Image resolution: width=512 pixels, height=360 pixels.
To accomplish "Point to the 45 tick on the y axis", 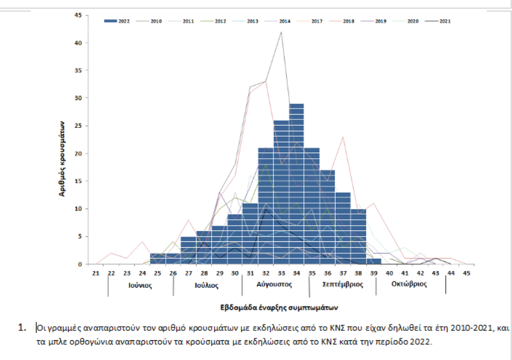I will tap(78, 15).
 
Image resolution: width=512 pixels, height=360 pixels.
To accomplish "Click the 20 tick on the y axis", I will tap(78, 153).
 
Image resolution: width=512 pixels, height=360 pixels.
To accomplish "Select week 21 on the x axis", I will tap(96, 273).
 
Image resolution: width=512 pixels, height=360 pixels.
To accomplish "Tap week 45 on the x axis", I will tap(466, 273).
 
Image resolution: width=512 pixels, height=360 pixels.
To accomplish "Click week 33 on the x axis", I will tap(281, 273).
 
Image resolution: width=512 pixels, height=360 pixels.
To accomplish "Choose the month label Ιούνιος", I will tap(140, 286).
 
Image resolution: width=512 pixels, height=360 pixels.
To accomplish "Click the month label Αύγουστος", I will tap(274, 284).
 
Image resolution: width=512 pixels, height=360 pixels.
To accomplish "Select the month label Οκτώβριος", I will tap(409, 284).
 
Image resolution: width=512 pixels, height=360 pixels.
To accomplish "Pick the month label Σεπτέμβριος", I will tap(343, 284).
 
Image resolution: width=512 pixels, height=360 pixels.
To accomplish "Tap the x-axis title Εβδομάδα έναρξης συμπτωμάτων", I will tap(279, 306).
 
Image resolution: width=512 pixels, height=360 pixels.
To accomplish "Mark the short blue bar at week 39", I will tap(374, 261).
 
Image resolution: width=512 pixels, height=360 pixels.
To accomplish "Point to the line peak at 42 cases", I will tap(282, 32).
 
